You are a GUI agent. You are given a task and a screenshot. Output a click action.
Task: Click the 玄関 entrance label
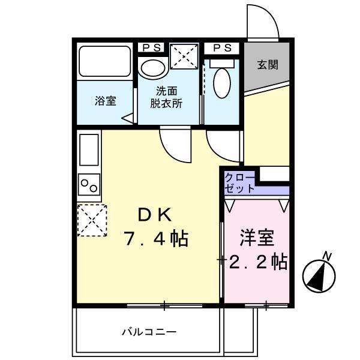[268, 65]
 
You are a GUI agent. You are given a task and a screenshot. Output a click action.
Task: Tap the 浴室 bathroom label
[105, 101]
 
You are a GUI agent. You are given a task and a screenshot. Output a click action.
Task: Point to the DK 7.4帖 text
[156, 227]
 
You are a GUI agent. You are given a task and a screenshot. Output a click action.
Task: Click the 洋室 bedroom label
[257, 238]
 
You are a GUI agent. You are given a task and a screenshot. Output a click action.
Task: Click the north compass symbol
[319, 274]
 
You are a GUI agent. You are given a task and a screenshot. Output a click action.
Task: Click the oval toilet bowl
[221, 82]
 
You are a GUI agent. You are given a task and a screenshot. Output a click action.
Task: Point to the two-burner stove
[89, 183]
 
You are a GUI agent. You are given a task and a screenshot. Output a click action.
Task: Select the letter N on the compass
[328, 256]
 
